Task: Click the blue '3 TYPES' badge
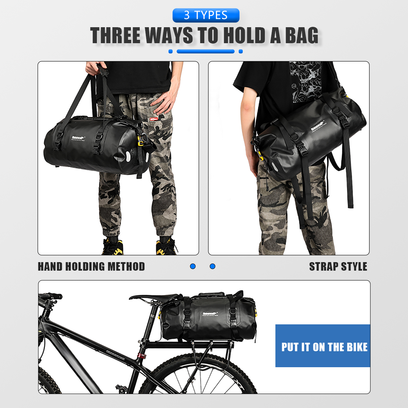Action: (x=206, y=15)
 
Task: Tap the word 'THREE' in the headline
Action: (x=115, y=36)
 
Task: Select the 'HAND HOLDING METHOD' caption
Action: (x=91, y=267)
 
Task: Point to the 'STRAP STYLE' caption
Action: (x=338, y=267)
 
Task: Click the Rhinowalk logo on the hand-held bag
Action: (x=78, y=138)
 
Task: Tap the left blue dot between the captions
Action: (x=193, y=266)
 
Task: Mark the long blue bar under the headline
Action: (x=206, y=51)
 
